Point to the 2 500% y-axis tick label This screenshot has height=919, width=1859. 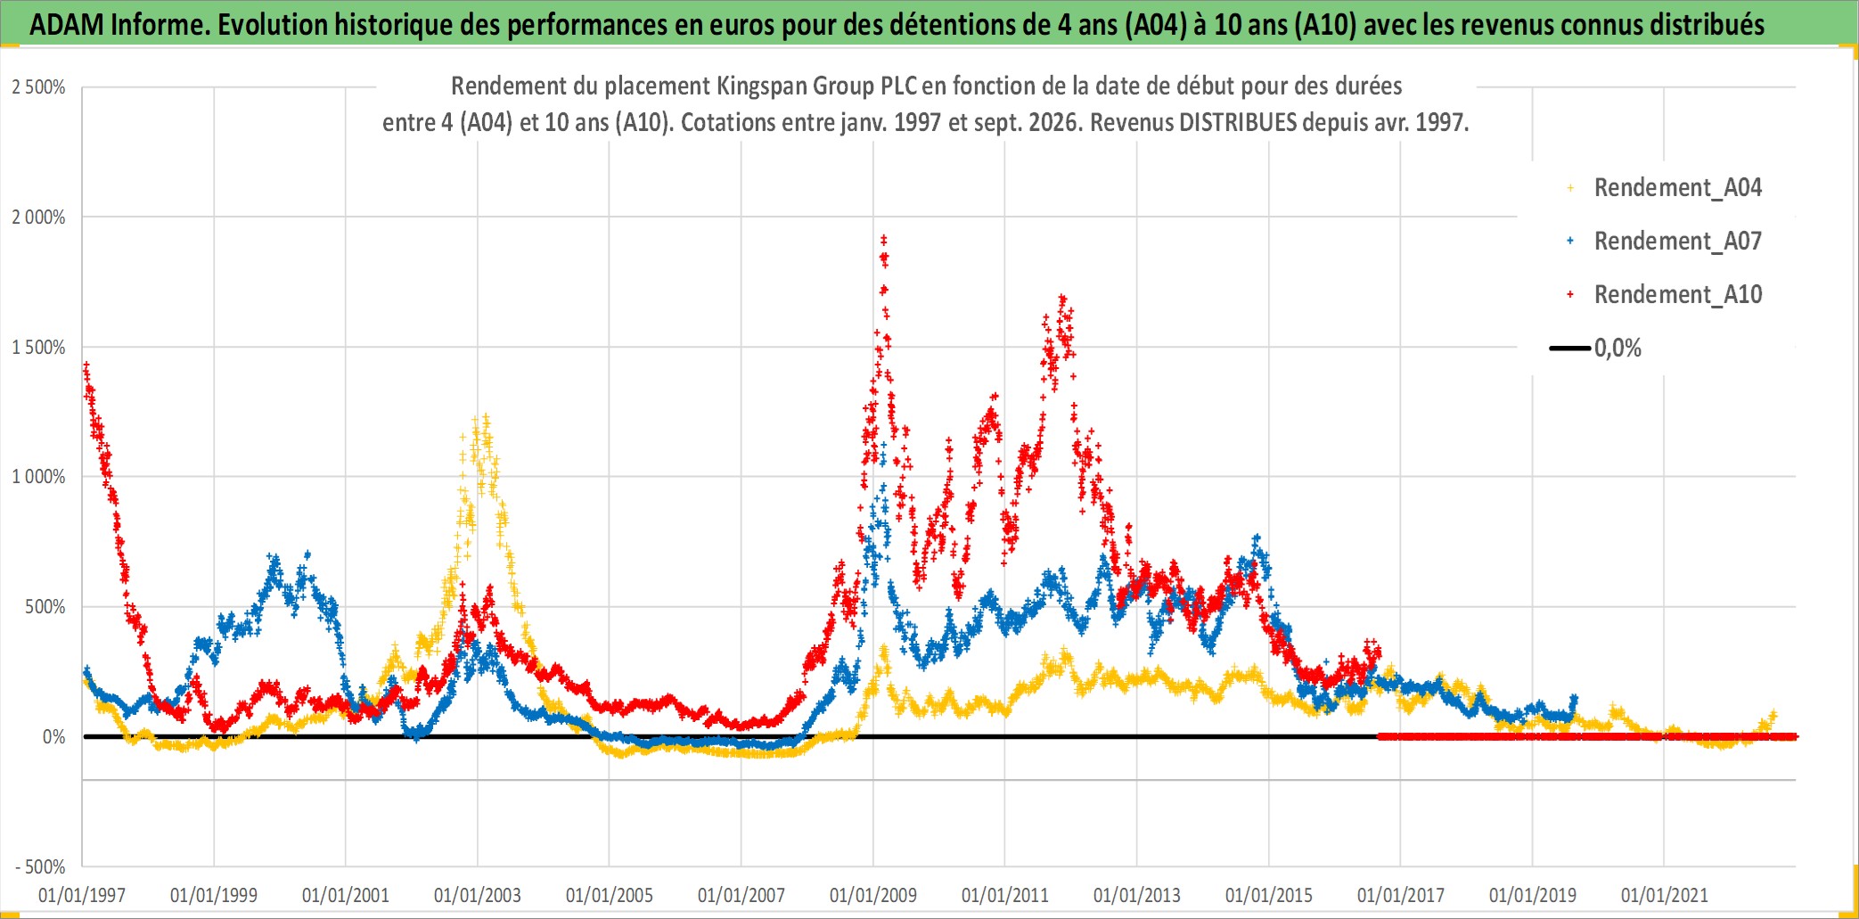click(x=38, y=87)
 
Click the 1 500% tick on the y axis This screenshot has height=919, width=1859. click(x=38, y=348)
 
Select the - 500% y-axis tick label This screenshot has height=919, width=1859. click(x=40, y=866)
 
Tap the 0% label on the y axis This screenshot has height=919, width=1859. click(x=54, y=737)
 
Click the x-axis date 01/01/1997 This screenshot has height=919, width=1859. click(x=82, y=895)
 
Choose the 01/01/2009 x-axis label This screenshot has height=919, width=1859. click(x=873, y=895)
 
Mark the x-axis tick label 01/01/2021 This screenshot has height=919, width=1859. click(x=1665, y=895)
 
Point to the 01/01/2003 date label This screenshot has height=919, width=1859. click(x=478, y=895)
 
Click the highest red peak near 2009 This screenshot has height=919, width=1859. click(x=883, y=238)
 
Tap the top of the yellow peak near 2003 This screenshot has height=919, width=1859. click(x=486, y=416)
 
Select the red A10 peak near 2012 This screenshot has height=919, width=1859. click(x=1061, y=298)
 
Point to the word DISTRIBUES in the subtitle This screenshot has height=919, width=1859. click(x=1238, y=122)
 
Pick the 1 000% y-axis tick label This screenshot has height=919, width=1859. click(x=38, y=477)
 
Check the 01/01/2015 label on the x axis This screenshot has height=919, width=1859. click(x=1269, y=895)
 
